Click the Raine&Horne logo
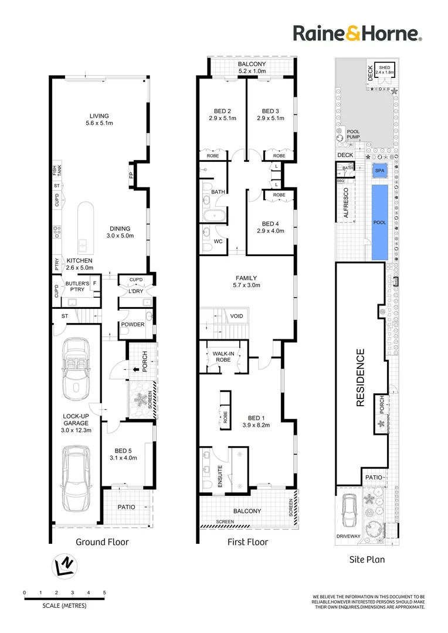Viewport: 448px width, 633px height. pos(358,33)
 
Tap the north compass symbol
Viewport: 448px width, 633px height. pos(65,566)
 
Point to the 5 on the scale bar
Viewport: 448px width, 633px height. pos(104,593)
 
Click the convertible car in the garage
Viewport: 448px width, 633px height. pos(76,372)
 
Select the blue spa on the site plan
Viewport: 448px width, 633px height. pos(380,171)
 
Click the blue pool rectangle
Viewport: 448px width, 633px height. pos(380,223)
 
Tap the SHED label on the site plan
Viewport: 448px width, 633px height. pos(385,67)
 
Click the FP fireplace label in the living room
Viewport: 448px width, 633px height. pos(131,175)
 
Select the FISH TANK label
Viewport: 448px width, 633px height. pos(57,171)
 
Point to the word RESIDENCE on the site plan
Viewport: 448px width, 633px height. pos(361,377)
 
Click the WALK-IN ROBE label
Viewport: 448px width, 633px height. pos(223,356)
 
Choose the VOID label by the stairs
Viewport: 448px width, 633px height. pos(237,316)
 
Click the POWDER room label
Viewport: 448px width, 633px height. pos(133,324)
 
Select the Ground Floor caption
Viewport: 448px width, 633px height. pos(102,542)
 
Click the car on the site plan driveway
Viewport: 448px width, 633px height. pos(349,511)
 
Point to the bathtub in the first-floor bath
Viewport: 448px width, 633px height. pos(215,216)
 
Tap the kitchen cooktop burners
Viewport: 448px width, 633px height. pos(57,232)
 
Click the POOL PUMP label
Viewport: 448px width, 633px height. pos(353,134)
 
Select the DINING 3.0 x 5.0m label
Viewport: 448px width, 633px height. pos(120,232)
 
